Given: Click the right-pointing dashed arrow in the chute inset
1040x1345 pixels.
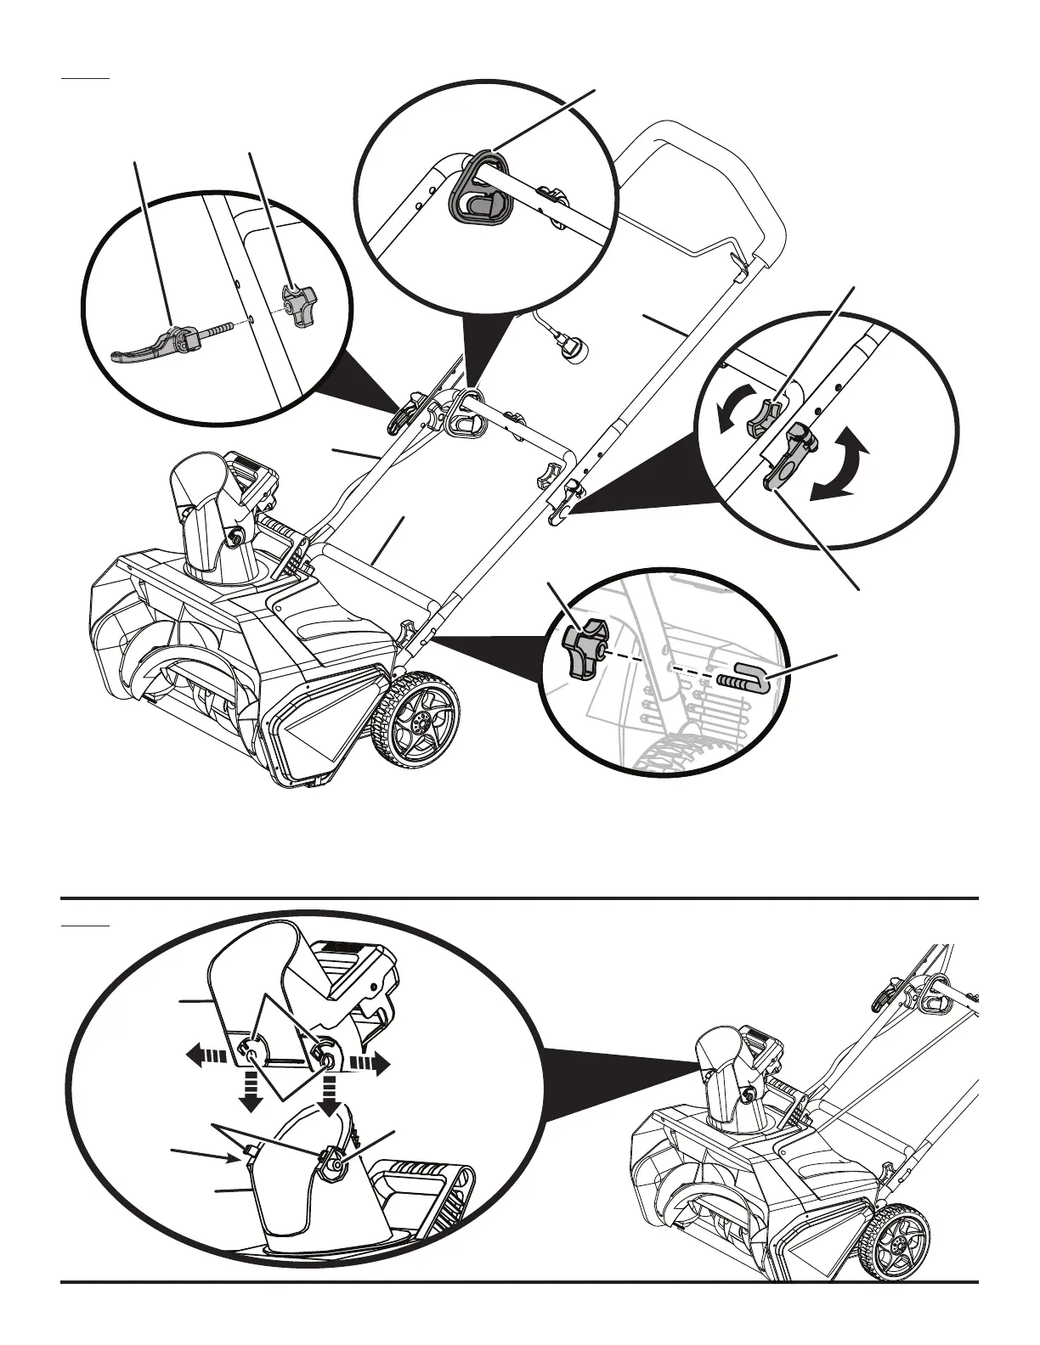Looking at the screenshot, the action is (x=370, y=1063).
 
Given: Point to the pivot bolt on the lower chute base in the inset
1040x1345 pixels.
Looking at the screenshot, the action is (x=337, y=1166).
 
